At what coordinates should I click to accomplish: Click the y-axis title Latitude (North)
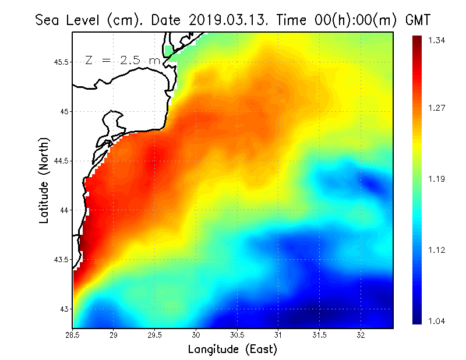[44, 180]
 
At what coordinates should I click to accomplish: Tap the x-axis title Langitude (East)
[232, 350]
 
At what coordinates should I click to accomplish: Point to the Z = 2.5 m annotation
[122, 60]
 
